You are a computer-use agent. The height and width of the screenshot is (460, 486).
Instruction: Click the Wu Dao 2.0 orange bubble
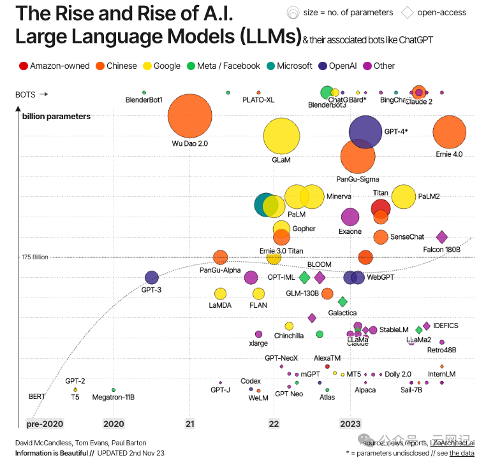coord(189,116)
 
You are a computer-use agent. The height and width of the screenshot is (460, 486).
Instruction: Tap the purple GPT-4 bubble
coord(366,132)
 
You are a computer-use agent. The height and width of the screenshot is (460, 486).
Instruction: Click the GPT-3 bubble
coord(151,277)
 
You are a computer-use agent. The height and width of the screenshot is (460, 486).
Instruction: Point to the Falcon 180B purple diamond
coord(441,237)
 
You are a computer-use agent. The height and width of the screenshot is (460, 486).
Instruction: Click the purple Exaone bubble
coord(350,217)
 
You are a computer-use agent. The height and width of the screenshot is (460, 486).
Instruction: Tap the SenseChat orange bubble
coord(381,237)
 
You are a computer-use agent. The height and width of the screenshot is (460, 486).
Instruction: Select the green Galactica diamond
coord(342,301)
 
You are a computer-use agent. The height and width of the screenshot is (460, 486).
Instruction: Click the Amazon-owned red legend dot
coord(24,66)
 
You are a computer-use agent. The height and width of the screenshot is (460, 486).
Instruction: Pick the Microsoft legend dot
coord(270,66)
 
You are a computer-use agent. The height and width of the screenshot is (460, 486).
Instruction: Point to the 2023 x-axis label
coord(350,424)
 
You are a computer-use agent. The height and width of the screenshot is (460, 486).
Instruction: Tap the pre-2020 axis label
coord(45,424)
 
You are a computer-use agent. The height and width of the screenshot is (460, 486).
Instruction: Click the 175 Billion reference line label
coord(35,257)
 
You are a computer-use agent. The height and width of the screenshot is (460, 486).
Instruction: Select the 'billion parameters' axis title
coord(56,117)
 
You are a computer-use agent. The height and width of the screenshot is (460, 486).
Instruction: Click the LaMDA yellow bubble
coord(220,293)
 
